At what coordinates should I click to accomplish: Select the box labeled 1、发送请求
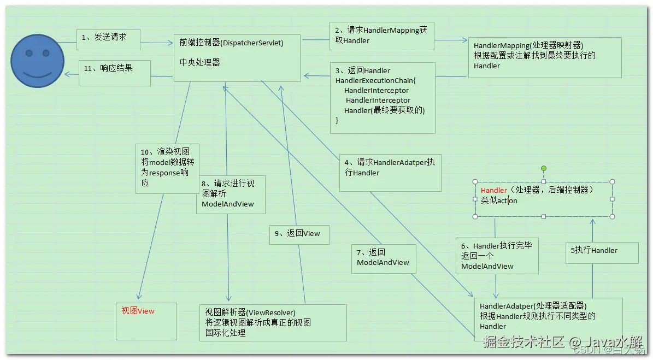coord(109,38)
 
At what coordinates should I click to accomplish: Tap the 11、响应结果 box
coord(115,73)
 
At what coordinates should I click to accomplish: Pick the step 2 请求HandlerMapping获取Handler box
coord(381,37)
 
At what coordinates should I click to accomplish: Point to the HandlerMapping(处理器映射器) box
coord(544,57)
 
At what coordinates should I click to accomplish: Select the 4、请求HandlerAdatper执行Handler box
coord(390,172)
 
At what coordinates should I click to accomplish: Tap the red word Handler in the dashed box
coord(494,190)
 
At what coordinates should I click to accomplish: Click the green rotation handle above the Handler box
coord(543,169)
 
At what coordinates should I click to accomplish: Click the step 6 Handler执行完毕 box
coord(497,255)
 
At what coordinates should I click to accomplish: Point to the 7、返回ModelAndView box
coord(384,258)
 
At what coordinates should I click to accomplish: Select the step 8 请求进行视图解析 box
coord(231,194)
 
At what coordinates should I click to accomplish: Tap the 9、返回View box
coord(299,234)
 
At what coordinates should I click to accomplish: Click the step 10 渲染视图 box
coord(167,168)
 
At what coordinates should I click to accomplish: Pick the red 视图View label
coord(138,311)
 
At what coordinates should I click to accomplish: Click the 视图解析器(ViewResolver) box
coord(273,322)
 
